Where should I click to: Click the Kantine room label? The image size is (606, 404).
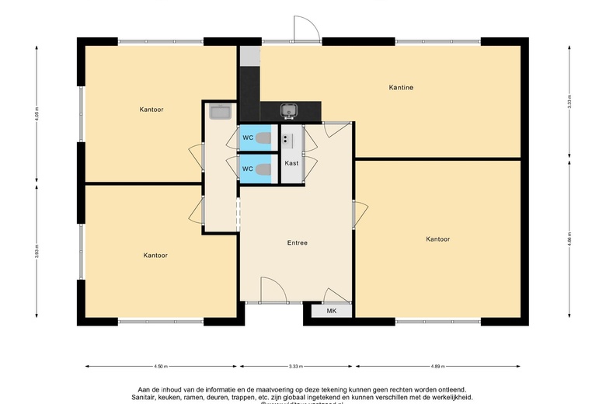401,88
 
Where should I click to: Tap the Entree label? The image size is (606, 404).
297,243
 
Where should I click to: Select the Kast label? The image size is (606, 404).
291,163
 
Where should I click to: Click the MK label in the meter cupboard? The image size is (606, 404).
331,311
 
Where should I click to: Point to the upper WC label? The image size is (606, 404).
247,138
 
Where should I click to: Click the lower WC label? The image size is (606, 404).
247,169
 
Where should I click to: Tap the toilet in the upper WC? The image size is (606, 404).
264,139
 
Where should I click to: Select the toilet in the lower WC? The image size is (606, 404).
264,169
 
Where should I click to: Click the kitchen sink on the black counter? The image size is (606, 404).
289,110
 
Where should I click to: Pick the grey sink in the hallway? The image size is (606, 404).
220,113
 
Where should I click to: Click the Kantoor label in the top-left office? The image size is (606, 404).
151,109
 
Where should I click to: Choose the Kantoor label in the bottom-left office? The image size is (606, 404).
155,255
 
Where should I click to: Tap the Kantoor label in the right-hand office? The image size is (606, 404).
437,239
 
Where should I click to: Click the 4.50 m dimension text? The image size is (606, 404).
162,366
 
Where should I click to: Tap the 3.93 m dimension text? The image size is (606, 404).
37,254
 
